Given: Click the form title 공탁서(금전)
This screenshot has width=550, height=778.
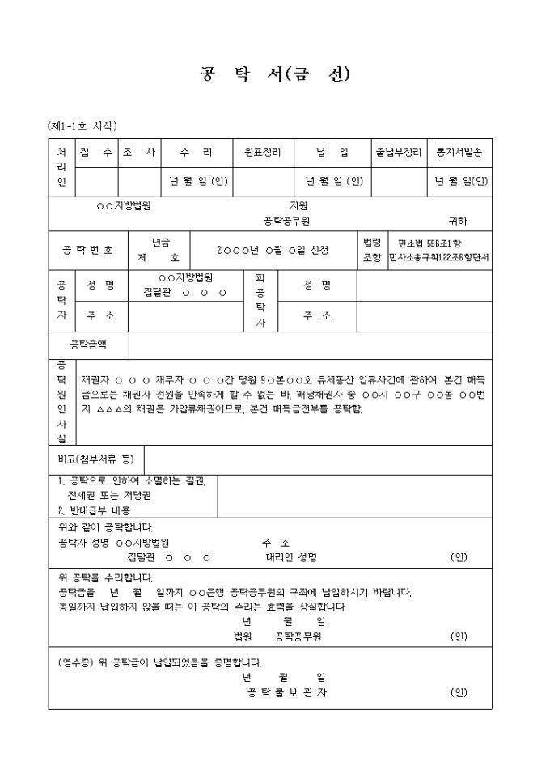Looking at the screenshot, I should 274,75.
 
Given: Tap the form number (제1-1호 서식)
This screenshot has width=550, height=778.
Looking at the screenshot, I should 82,126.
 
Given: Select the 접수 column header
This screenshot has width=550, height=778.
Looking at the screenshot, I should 96,152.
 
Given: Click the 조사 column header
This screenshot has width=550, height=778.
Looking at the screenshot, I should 138,152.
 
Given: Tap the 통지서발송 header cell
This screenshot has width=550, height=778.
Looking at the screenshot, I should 459,152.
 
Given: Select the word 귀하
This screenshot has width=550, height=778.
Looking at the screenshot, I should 458,220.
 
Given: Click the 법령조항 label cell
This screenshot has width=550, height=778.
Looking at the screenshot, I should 371,250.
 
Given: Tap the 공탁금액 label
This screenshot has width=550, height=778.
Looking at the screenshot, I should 88,345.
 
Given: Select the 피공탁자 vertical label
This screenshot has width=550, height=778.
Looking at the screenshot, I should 260,300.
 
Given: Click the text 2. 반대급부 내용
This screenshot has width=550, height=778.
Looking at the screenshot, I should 95,510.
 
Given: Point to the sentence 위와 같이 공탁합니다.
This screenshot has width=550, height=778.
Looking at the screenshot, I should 106,527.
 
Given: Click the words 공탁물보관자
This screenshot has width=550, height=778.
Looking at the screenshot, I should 288,692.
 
